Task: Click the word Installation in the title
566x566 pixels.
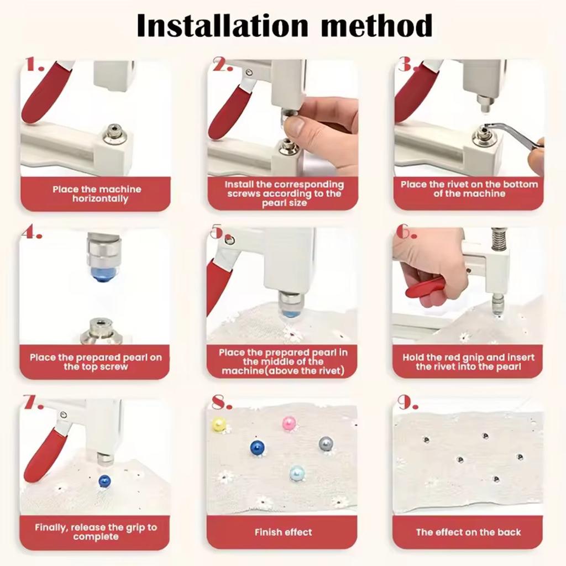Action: point(223,25)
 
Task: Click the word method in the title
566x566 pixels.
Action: point(377,25)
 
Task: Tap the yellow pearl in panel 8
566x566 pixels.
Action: point(219,424)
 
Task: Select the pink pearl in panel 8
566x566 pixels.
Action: point(289,423)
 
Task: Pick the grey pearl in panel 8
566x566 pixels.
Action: point(326,444)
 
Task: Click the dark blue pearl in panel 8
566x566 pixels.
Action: point(258,447)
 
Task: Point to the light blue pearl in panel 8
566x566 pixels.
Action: point(297,473)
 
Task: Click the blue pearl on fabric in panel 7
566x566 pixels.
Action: point(104,481)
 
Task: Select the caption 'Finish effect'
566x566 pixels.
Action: point(284,532)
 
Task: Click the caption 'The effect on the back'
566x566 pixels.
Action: point(468,532)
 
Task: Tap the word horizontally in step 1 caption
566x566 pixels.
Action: point(100,199)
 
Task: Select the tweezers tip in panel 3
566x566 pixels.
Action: point(486,127)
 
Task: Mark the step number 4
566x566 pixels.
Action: point(32,232)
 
